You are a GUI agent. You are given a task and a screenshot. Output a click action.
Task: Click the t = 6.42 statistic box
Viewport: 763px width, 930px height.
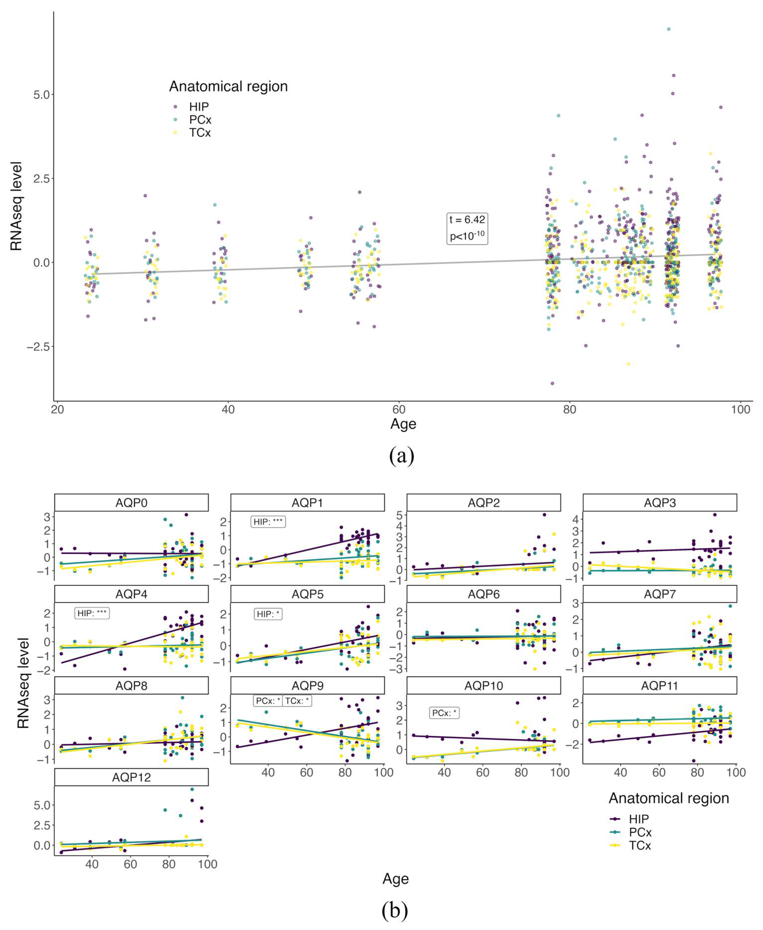point(467,228)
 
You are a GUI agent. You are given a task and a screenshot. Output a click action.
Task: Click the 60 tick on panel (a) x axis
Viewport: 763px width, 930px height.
point(399,409)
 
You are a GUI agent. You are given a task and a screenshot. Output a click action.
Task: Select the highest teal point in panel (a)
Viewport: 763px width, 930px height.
point(668,29)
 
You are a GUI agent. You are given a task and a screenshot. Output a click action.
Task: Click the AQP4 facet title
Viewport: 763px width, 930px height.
point(131,594)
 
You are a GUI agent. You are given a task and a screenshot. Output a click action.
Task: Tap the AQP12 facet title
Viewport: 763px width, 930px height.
point(131,777)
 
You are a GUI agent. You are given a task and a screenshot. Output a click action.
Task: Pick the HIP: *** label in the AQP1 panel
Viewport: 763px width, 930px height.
point(268,522)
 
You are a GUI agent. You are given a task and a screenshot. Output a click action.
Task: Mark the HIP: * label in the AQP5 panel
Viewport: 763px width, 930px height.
point(268,614)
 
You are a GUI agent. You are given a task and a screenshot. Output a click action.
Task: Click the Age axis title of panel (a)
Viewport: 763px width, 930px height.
point(403,424)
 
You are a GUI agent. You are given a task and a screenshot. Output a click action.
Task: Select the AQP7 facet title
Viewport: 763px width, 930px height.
point(660,594)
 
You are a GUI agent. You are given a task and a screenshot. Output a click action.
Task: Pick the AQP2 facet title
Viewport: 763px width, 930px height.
point(484,502)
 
